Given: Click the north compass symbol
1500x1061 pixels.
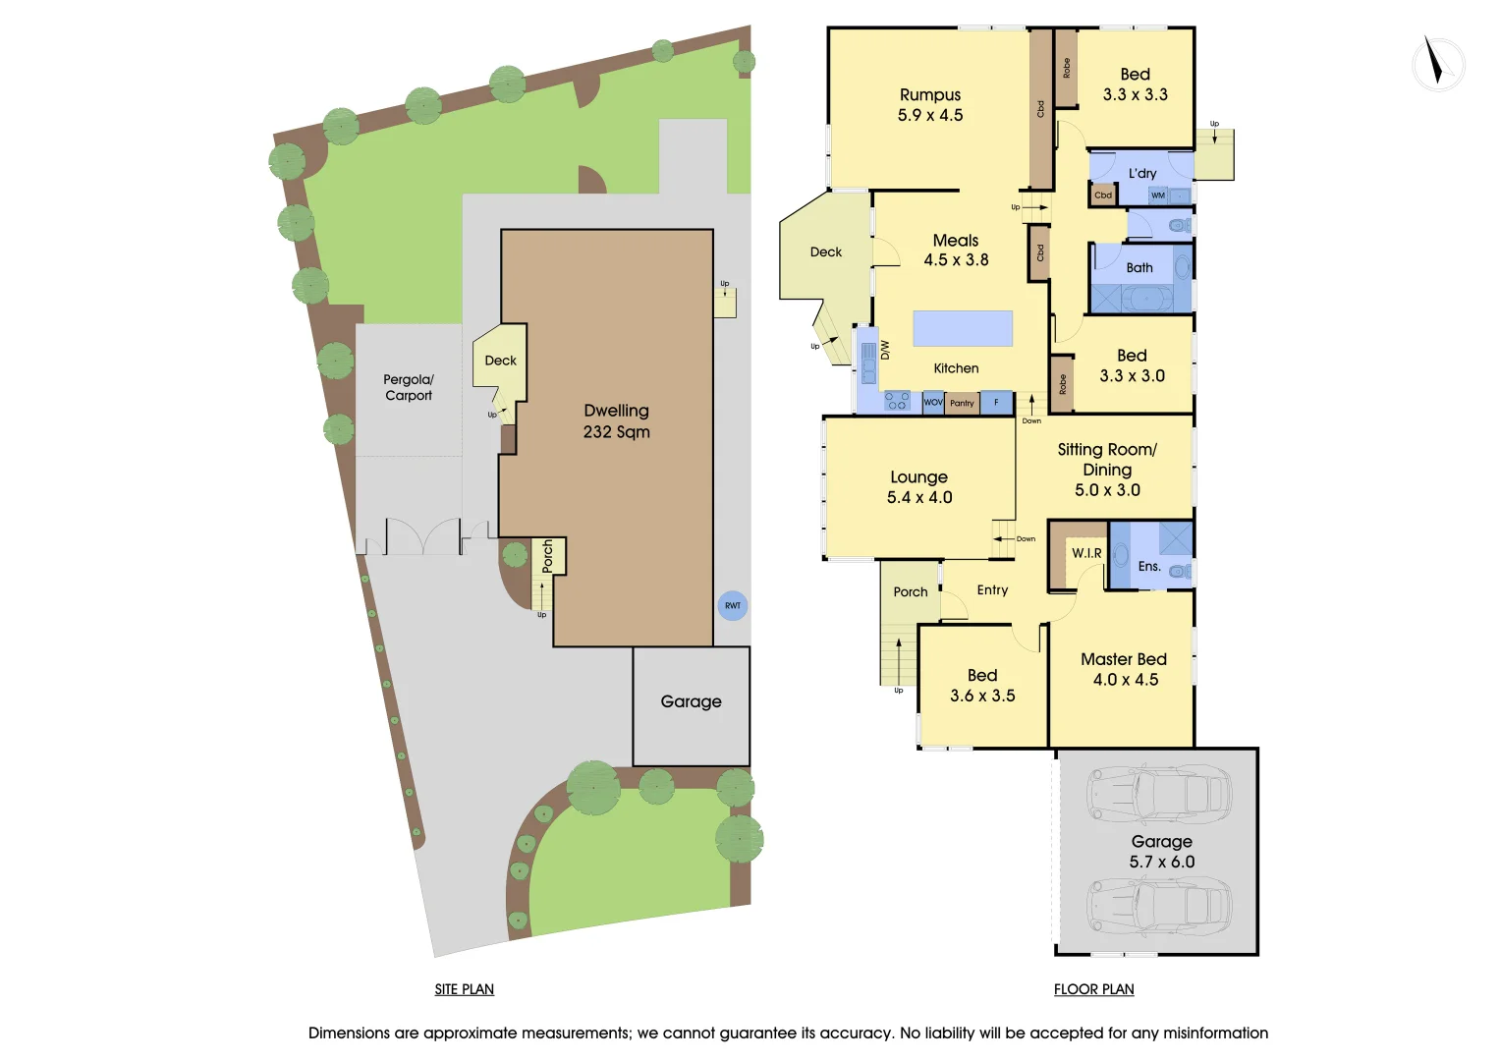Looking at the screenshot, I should click(1438, 64).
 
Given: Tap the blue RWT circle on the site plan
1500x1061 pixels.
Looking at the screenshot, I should click(733, 605).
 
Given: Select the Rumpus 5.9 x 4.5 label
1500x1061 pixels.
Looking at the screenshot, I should click(930, 105).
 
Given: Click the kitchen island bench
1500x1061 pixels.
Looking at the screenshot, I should click(963, 328).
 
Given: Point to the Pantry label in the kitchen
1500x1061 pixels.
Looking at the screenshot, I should click(963, 403).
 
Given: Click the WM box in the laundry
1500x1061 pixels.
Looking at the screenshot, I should click(1158, 195).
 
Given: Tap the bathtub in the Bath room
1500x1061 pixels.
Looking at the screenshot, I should click(1146, 298).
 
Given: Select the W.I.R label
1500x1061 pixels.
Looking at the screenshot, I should click(1086, 553).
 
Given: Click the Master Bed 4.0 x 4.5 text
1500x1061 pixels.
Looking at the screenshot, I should click(1125, 669).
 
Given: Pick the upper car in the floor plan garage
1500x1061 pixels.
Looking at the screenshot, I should click(1158, 792).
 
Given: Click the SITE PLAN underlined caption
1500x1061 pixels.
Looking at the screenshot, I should click(465, 989).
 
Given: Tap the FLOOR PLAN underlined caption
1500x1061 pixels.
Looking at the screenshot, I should click(1093, 989).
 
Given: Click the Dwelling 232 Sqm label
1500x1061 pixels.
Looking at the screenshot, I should click(617, 421).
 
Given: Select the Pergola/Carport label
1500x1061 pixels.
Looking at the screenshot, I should click(409, 387).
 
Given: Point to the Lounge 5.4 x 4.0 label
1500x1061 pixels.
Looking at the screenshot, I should click(919, 487).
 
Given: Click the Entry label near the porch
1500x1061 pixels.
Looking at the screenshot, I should click(992, 590).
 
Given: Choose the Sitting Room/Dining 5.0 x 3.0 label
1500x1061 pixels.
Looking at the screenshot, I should click(1107, 470).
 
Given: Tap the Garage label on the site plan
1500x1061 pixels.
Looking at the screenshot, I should click(691, 701).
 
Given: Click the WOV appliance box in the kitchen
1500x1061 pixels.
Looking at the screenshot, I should click(933, 403).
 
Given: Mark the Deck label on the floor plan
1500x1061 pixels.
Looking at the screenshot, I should click(826, 252).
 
